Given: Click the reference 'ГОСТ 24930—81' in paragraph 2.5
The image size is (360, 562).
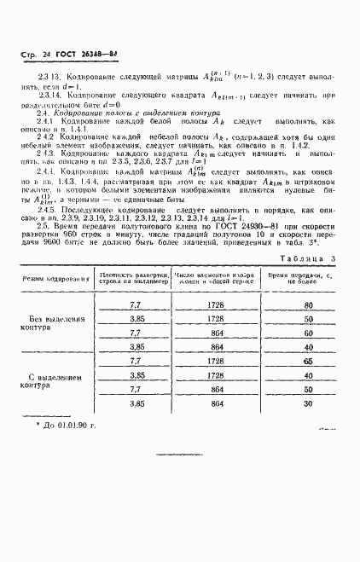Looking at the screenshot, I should point(247,227).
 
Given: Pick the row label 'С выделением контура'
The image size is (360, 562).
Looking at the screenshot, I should point(55,379).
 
